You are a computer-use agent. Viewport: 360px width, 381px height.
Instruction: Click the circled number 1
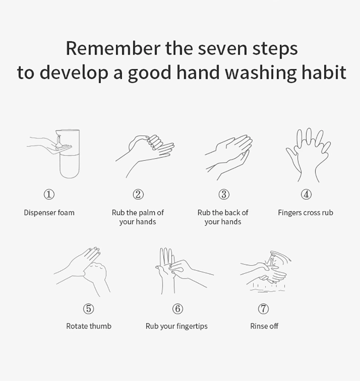pos(49,194)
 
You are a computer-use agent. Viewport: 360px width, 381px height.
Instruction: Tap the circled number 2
pos(138,194)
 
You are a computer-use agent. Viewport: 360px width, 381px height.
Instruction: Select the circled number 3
pos(224,194)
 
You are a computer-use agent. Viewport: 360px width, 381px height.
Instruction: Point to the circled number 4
pos(306,194)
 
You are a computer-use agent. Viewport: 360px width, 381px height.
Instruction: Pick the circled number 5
pos(89,309)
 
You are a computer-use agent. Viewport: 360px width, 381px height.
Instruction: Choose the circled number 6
pos(178,309)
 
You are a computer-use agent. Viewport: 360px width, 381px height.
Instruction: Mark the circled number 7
pos(263,309)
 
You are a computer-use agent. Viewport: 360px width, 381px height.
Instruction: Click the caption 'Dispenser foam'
pos(49,213)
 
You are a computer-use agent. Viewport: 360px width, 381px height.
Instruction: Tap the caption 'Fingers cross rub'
pos(305,213)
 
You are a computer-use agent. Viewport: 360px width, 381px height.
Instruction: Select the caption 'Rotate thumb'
pos(89,326)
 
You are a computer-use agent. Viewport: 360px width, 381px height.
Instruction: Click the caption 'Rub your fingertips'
pos(177,326)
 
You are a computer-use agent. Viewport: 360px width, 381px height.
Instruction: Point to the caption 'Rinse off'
pos(264,326)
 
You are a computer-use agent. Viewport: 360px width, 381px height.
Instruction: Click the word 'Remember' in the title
pos(113,49)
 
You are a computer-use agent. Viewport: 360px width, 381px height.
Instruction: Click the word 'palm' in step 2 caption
pos(147,213)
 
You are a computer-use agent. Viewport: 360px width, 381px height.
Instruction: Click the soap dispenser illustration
pos(69,154)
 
